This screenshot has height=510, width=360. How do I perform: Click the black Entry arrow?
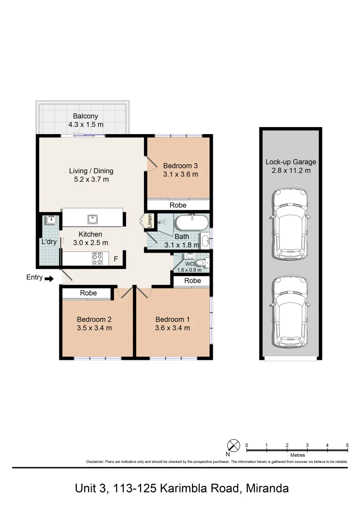49,279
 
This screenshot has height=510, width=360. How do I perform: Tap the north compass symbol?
234,445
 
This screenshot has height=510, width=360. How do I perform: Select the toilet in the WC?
201,263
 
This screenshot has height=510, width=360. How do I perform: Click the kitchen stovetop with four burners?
97,258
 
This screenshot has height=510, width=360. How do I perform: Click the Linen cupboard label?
150,221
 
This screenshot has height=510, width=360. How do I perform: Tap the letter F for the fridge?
115,259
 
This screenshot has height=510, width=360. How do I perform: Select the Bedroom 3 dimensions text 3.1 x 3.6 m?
180,174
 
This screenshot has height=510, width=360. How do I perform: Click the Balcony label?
85,116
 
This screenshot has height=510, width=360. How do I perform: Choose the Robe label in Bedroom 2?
88,293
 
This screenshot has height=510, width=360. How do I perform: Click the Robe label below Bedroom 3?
178,205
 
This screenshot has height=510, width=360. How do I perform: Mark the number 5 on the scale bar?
347,445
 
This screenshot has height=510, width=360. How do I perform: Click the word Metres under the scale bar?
297,455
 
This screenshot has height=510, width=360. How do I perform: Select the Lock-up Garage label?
291,162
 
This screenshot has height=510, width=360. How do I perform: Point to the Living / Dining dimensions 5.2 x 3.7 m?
91,179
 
